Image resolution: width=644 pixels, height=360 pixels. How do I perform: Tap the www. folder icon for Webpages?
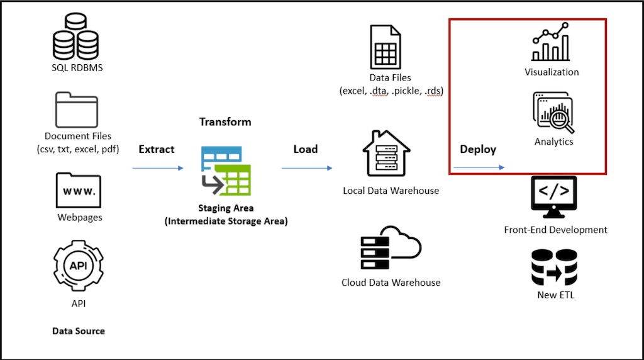[78, 190]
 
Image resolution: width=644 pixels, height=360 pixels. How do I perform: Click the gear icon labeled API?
[78, 266]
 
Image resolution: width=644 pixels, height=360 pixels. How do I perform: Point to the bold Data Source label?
[79, 331]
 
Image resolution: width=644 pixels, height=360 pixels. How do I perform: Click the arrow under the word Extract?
[157, 168]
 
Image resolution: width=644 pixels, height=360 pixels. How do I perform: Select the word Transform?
[225, 122]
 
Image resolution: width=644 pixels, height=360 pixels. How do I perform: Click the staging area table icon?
[226, 171]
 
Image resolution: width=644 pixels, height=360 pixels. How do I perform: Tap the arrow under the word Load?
[306, 168]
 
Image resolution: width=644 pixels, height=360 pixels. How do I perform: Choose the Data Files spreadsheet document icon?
[385, 47]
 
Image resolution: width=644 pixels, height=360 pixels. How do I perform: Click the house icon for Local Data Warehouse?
[386, 155]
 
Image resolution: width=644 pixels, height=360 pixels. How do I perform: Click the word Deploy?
[478, 149]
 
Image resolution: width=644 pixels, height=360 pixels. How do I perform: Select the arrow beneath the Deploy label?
[479, 167]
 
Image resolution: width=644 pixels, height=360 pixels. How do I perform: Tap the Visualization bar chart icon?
[552, 42]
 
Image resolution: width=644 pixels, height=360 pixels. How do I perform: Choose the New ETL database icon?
[554, 267]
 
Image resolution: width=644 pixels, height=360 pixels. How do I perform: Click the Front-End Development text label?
[555, 230]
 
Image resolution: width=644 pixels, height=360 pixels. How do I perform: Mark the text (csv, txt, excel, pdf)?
[78, 149]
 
